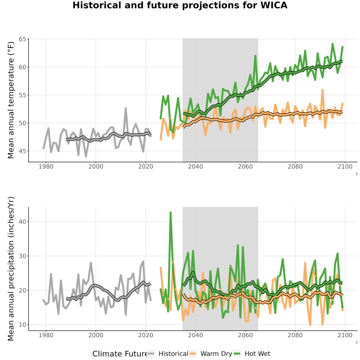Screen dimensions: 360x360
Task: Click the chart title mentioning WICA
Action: point(180,5)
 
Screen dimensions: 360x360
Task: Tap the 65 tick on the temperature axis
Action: point(22,39)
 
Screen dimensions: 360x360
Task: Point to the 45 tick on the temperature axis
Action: point(22,151)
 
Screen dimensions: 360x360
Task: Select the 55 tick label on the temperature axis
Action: point(22,95)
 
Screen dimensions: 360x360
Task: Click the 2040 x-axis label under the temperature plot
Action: point(195,166)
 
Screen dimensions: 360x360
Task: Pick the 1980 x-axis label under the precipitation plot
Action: point(46,335)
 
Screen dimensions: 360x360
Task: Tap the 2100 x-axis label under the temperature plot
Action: point(345,166)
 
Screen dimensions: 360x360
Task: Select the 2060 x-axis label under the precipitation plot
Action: point(245,335)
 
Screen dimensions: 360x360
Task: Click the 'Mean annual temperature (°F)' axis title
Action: point(11,100)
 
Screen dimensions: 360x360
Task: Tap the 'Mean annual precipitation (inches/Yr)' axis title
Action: point(11,269)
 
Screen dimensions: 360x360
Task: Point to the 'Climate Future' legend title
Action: point(120,354)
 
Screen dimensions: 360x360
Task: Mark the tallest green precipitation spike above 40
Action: point(170,213)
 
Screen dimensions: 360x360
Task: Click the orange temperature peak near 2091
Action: point(322,90)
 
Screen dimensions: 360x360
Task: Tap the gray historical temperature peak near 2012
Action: point(126,108)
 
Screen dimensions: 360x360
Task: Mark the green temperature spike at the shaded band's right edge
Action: point(255,56)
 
